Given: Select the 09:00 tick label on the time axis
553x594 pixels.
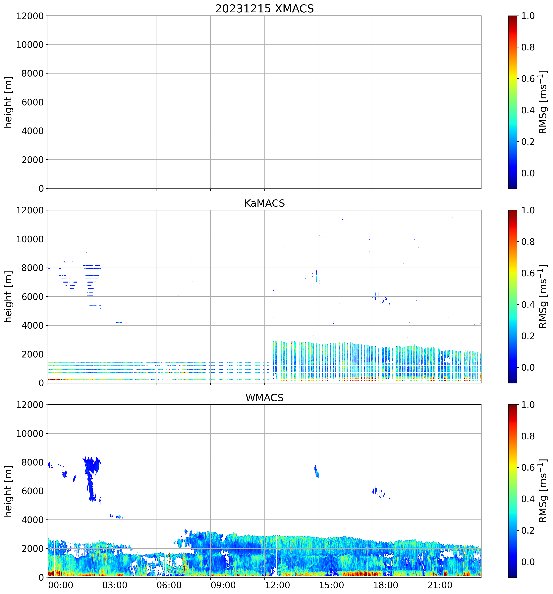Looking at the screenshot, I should (223, 585).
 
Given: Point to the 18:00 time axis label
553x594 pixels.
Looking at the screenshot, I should (385, 585).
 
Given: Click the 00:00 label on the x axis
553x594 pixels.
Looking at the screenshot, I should (60, 585).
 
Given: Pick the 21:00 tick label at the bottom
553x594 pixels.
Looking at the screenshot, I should (439, 585).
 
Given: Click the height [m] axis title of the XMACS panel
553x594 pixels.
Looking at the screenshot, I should (8, 102).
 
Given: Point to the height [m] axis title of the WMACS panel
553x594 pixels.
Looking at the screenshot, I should (8, 491).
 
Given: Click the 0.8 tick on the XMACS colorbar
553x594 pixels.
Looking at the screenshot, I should (528, 47).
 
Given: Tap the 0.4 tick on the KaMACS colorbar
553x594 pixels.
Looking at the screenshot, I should (528, 305).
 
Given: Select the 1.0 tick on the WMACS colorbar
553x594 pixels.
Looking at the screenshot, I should (528, 405).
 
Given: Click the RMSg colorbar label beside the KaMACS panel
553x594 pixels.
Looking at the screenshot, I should (543, 297).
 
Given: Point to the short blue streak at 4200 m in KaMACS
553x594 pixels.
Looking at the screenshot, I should (119, 322).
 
